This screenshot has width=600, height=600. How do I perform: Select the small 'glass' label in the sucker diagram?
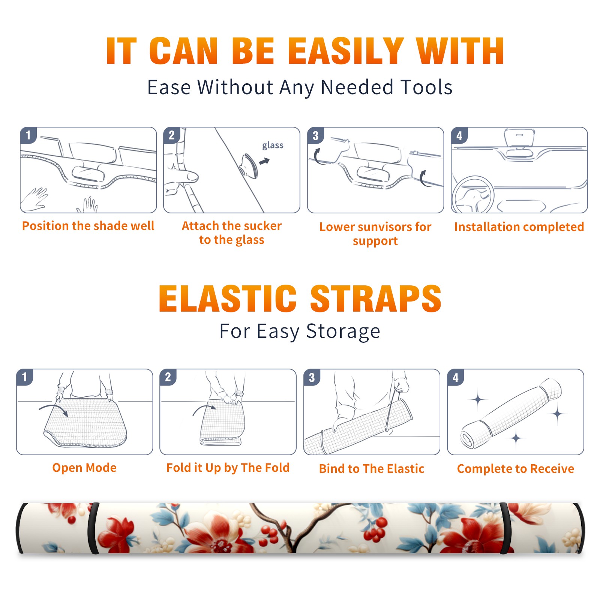[x=273, y=145]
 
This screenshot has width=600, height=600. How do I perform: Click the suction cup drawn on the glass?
[x=249, y=165]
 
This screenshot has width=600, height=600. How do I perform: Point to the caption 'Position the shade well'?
[x=88, y=226]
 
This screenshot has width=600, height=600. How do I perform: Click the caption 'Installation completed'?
[x=519, y=226]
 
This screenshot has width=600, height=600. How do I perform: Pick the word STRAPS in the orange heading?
[x=376, y=298]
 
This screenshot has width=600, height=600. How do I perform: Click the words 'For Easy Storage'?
[x=300, y=331]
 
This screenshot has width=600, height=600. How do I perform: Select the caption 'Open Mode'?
[x=84, y=468]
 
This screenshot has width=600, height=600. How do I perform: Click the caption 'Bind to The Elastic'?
[x=371, y=468]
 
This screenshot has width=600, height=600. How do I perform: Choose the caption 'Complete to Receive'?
[x=515, y=469]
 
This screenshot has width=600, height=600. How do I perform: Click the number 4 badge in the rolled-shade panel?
[x=456, y=377]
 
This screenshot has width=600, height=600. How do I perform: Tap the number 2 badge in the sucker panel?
[x=172, y=135]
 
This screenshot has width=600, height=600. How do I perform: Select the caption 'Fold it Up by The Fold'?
[x=228, y=468]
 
